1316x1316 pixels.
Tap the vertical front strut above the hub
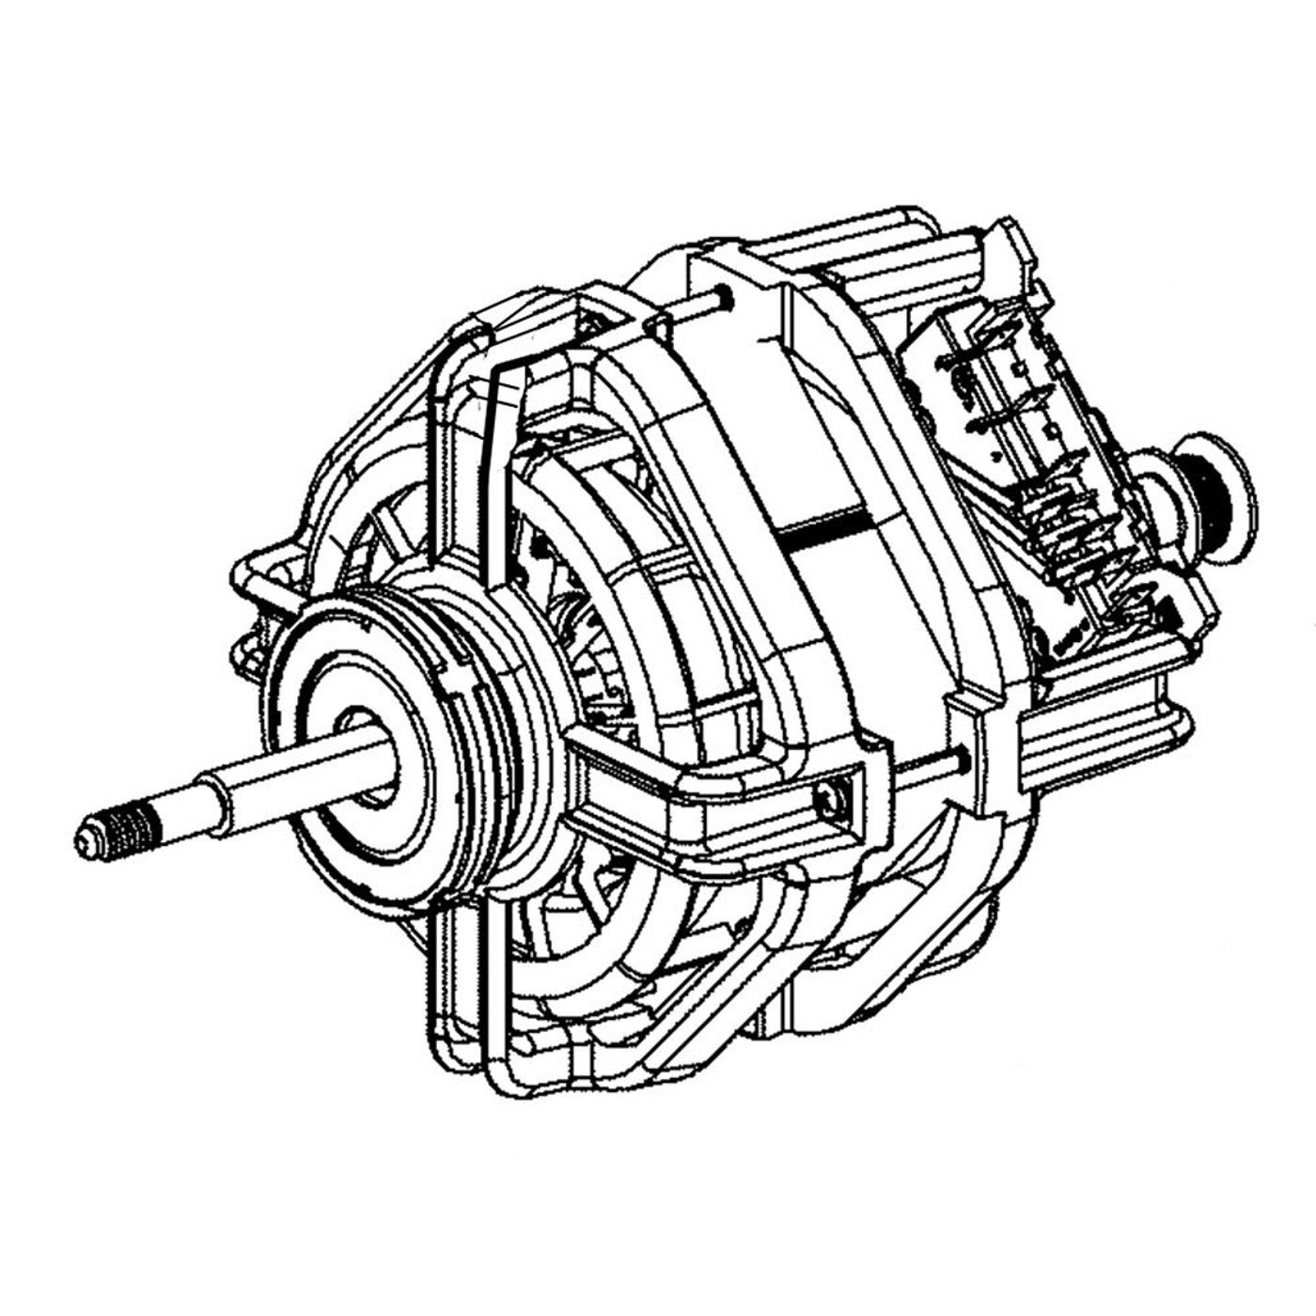(x=498, y=451)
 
